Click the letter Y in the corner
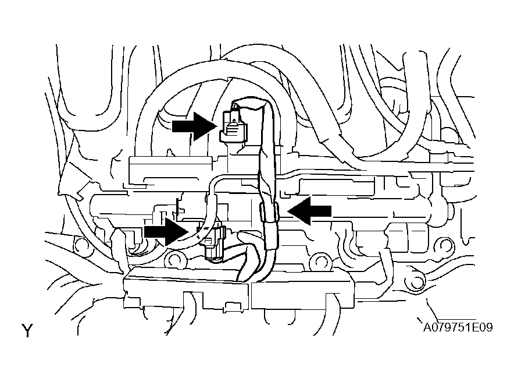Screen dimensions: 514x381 coord(27,331)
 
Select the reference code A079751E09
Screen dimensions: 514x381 coord(458,327)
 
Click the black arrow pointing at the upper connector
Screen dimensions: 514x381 coord(194,126)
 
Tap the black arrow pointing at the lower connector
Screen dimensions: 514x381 coord(166,231)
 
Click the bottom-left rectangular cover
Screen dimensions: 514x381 coord(186,287)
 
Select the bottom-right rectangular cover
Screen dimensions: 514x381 coord(302,290)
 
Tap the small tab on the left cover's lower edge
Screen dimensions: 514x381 coord(231,307)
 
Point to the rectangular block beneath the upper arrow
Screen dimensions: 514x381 coord(170,169)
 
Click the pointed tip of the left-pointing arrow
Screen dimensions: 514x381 coord(287,211)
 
